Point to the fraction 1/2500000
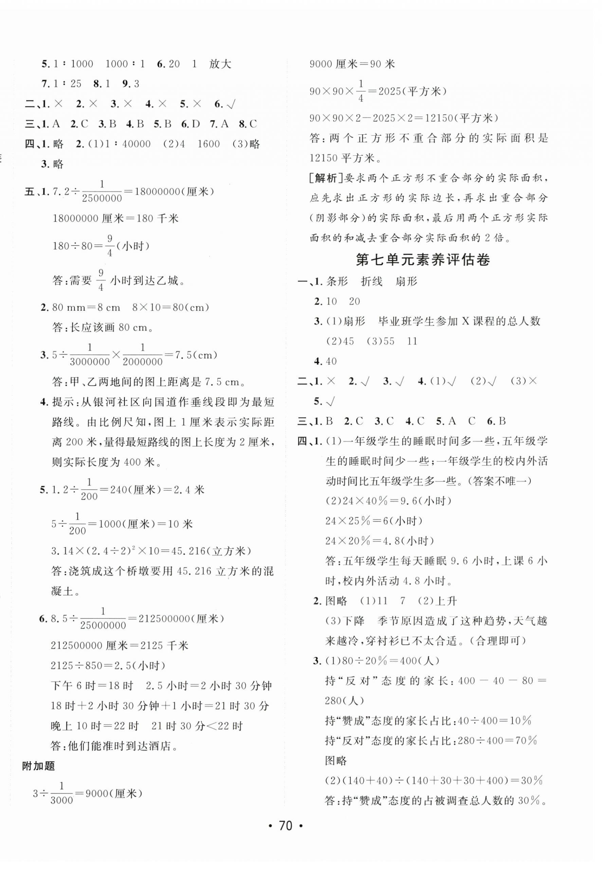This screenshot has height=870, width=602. pos(102,192)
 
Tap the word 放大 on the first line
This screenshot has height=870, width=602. pos(220,64)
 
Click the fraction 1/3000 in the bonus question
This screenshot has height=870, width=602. pos(61,794)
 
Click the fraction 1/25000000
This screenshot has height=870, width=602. pos(103,618)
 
